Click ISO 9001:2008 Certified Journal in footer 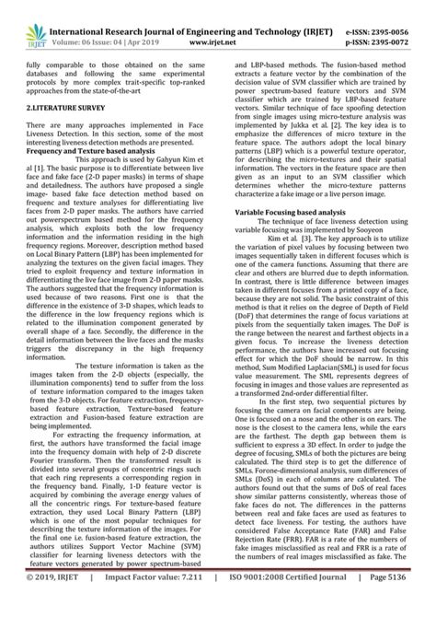293,603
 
